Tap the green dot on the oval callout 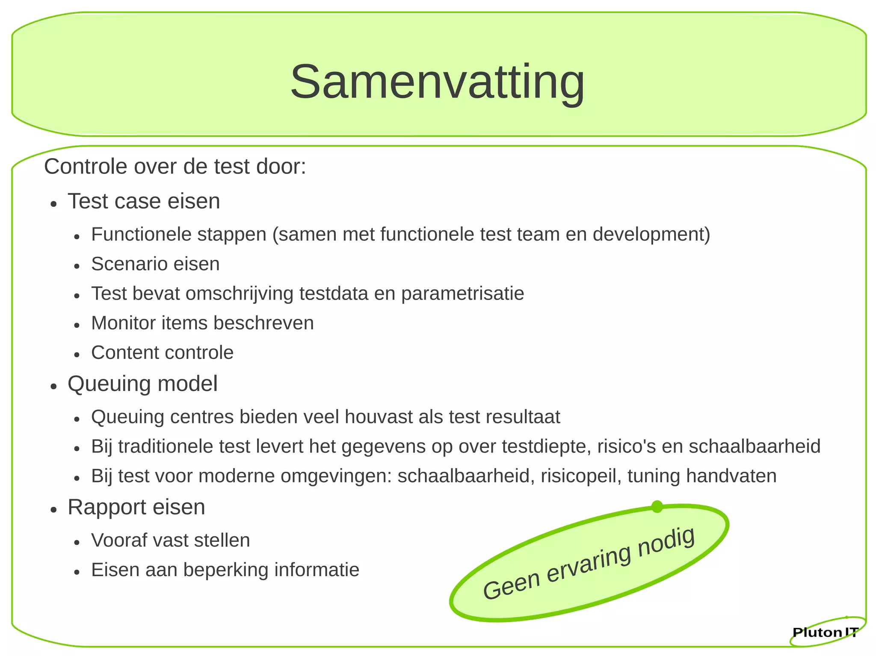pos(657,507)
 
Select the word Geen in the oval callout pos(512,586)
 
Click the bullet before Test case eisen pos(53,204)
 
